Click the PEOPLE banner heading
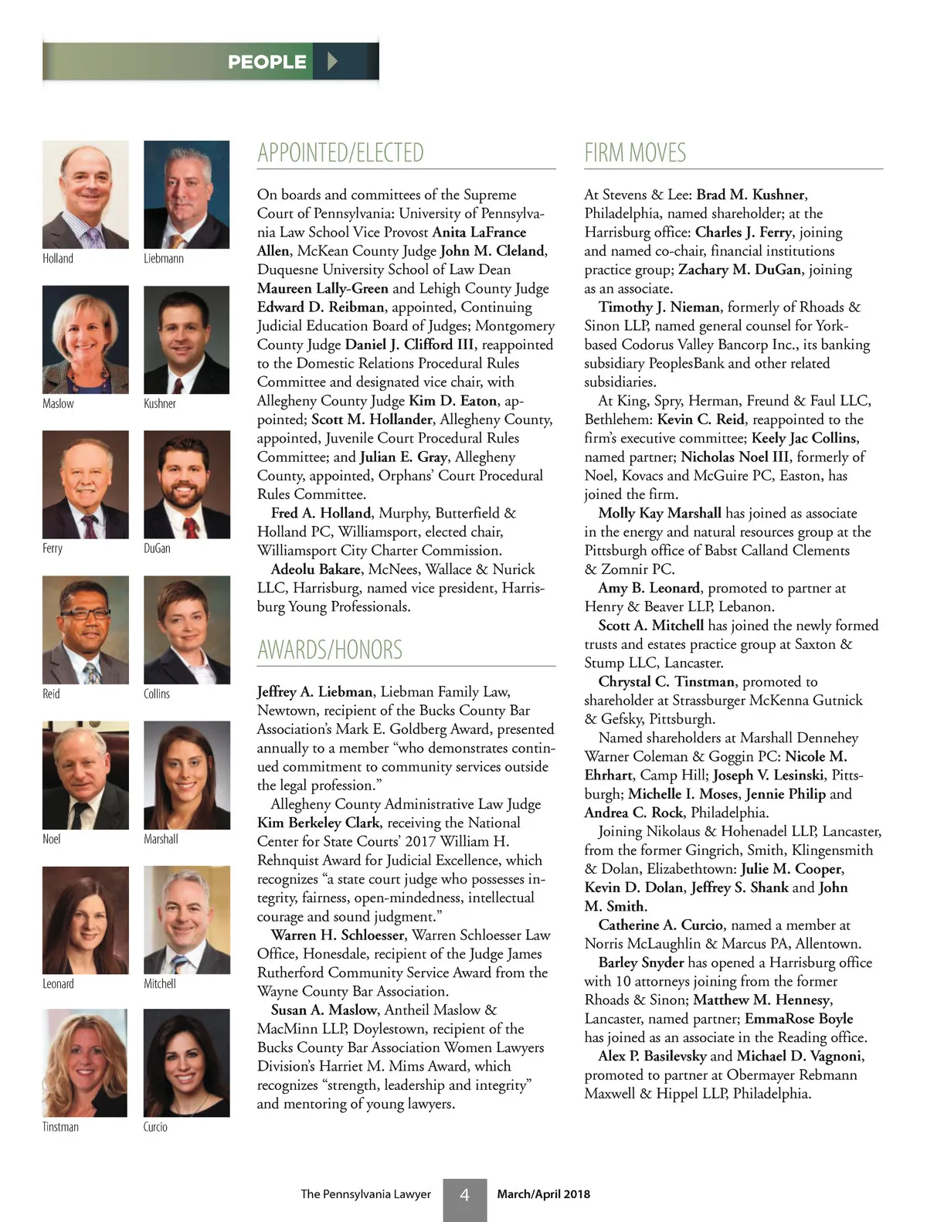[x=267, y=62]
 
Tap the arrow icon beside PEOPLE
[x=332, y=61]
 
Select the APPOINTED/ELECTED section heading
[x=341, y=153]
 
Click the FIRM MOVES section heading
[x=635, y=153]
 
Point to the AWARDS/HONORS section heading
[x=330, y=650]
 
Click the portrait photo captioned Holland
[x=85, y=195]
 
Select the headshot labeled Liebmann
[x=186, y=195]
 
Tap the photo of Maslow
[x=85, y=340]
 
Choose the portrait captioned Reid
[x=85, y=630]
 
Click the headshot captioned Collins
[x=186, y=630]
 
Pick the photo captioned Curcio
[x=186, y=1063]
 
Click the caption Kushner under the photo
[x=160, y=403]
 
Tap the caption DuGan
[x=157, y=548]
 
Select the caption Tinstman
[x=60, y=1127]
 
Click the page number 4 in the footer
[x=464, y=1195]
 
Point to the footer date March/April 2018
[x=543, y=1194]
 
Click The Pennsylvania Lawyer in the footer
[x=365, y=1194]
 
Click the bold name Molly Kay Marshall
[x=660, y=513]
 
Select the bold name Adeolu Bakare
[x=316, y=569]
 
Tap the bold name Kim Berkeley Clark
[x=318, y=823]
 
